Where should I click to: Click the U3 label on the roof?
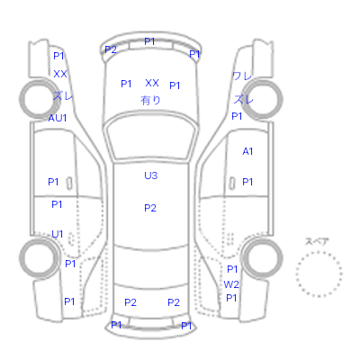(x=150, y=175)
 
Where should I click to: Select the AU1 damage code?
(x=58, y=118)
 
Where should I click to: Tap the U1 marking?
(x=57, y=234)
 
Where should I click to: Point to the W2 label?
(x=231, y=284)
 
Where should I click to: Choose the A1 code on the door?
(x=247, y=151)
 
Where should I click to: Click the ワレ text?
(x=242, y=76)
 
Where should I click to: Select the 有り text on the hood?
(x=150, y=100)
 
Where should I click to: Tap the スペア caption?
(x=317, y=241)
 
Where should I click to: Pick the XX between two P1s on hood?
(x=152, y=83)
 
